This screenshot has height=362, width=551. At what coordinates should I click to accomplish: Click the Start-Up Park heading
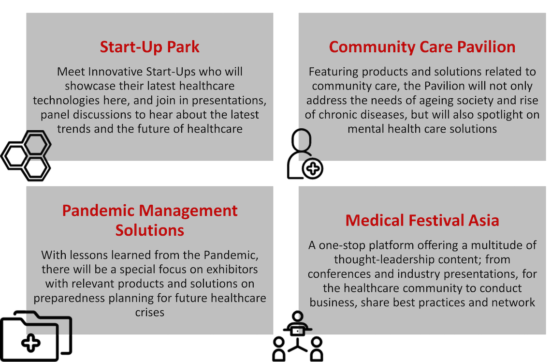tap(149, 47)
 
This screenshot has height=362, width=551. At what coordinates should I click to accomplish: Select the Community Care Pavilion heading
tap(422, 47)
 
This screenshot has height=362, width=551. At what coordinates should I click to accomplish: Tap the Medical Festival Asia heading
tap(422, 221)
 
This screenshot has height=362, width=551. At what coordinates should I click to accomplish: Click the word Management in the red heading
tap(188, 211)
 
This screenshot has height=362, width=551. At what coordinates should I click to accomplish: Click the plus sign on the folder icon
tap(31, 343)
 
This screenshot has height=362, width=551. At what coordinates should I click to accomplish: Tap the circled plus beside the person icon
tap(312, 168)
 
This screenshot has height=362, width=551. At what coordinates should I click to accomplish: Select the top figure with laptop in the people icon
tap(298, 324)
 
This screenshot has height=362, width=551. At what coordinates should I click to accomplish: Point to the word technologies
tap(66, 101)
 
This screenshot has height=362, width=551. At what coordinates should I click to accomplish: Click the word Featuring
tap(333, 72)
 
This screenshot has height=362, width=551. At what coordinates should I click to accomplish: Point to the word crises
tap(150, 313)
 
